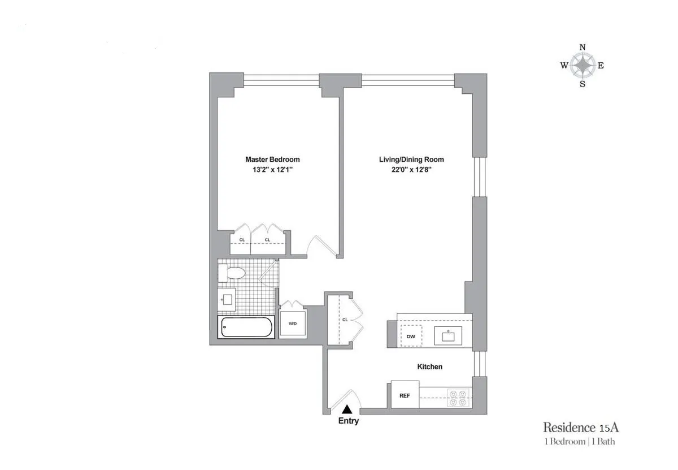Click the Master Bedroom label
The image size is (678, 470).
(x=272, y=159)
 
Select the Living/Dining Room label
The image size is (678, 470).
(x=407, y=159)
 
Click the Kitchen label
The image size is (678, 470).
(x=429, y=367)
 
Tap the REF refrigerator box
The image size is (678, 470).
(x=405, y=395)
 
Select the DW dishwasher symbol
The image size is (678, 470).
(x=411, y=337)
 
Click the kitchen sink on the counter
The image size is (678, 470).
(x=447, y=335)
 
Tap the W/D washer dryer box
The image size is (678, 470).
(x=293, y=324)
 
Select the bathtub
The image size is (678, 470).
(x=247, y=327)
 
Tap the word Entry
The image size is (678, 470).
(x=348, y=421)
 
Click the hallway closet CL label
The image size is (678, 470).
(x=345, y=320)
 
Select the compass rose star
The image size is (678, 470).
(x=583, y=66)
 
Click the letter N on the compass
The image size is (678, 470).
(x=583, y=48)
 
